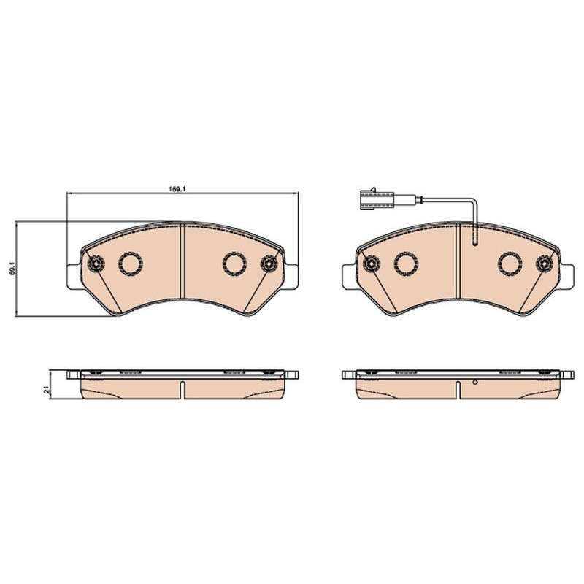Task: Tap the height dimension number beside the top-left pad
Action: [12, 268]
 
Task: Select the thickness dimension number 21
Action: [47, 390]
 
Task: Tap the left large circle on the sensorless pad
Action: [131, 264]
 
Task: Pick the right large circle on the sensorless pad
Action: [234, 264]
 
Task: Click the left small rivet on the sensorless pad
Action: [96, 264]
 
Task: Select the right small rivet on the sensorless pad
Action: [269, 264]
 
